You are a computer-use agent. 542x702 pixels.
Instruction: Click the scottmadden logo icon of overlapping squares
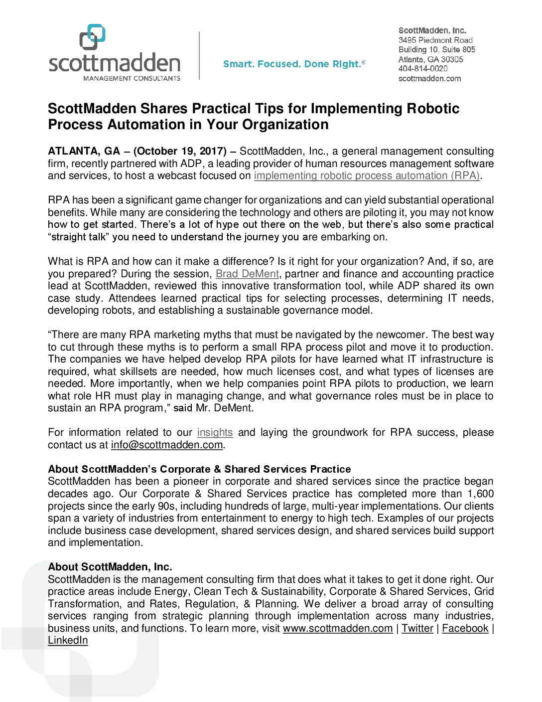point(93,36)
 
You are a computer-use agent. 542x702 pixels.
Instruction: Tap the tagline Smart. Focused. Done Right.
point(293,64)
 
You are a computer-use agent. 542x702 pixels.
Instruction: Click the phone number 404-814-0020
point(422,69)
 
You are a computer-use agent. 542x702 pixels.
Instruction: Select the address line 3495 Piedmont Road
point(435,40)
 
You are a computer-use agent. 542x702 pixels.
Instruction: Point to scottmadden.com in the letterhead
point(429,78)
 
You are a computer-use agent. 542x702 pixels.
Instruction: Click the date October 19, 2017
point(180,151)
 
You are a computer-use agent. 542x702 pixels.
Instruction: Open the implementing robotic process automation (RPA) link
point(367,175)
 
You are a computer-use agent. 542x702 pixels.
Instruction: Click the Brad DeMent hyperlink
point(247,274)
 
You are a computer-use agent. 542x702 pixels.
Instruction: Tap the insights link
point(215,432)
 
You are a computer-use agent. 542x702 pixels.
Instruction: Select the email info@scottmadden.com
point(166,445)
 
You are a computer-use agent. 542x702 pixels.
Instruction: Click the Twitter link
point(417,628)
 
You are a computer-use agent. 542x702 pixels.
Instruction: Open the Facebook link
point(465,628)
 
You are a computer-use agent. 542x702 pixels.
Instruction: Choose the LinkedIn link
point(68,640)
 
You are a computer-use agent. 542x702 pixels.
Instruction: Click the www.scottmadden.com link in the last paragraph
point(337,628)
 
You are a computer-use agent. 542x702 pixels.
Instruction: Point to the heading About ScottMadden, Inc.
point(110,567)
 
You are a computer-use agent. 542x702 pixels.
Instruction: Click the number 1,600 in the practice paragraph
point(480,494)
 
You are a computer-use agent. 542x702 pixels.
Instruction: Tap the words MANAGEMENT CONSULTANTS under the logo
point(132,78)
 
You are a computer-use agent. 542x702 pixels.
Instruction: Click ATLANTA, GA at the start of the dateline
point(84,151)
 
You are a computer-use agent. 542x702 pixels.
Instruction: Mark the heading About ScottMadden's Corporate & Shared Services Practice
point(199,469)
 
